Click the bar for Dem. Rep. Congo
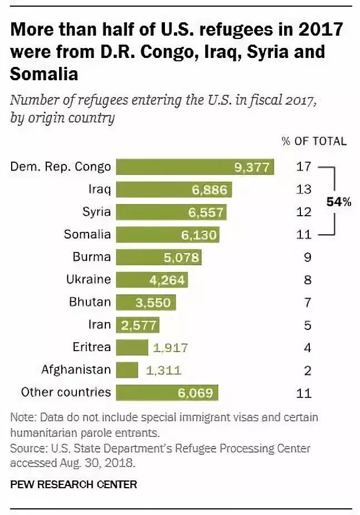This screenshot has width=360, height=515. [x=195, y=167]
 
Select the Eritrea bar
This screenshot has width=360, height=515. [x=132, y=347]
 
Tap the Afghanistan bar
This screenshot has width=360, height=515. [x=127, y=370]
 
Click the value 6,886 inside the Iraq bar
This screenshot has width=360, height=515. [x=210, y=190]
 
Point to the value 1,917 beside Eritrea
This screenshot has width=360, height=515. [x=170, y=347]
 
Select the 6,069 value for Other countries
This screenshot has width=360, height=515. [x=196, y=393]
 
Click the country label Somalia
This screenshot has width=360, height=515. [x=87, y=235]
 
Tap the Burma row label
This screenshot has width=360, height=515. [x=91, y=257]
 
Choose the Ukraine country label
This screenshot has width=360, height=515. [x=89, y=279]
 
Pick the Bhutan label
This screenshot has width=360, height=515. [x=90, y=302]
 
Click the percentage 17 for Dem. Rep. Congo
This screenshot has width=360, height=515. [x=304, y=167]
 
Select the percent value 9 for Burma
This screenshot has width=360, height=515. [x=308, y=257]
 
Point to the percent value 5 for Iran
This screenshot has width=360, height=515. [x=308, y=325]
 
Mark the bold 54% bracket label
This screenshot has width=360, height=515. [x=339, y=202]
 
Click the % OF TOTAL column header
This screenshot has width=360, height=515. [x=314, y=141]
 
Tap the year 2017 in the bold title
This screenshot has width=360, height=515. [x=321, y=29]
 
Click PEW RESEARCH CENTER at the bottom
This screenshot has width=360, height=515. [x=74, y=484]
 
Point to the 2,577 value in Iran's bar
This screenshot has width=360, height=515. [x=139, y=325]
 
